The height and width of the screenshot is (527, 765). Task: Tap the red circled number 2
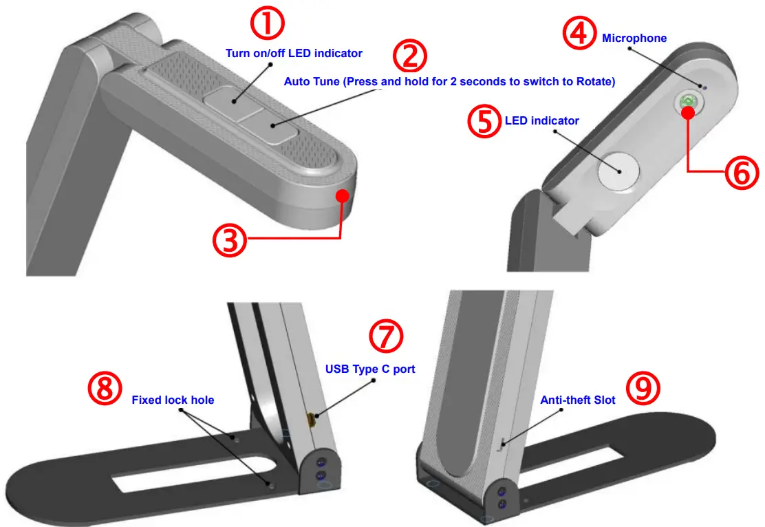click(x=410, y=56)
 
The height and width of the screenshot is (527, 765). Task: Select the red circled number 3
click(x=229, y=241)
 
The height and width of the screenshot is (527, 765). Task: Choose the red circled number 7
click(x=386, y=336)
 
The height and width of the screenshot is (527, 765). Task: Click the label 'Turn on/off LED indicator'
click(x=294, y=53)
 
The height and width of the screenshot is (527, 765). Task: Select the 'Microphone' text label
click(x=634, y=39)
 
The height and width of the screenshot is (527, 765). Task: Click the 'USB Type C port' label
click(x=370, y=369)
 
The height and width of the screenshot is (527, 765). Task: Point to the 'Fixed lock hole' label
click(x=173, y=400)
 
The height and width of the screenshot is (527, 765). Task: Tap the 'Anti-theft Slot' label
click(x=577, y=400)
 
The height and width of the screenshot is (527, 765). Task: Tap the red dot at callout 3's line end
click(x=342, y=196)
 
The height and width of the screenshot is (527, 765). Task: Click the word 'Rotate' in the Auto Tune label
click(x=595, y=82)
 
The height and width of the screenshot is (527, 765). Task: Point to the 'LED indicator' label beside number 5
click(x=541, y=121)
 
